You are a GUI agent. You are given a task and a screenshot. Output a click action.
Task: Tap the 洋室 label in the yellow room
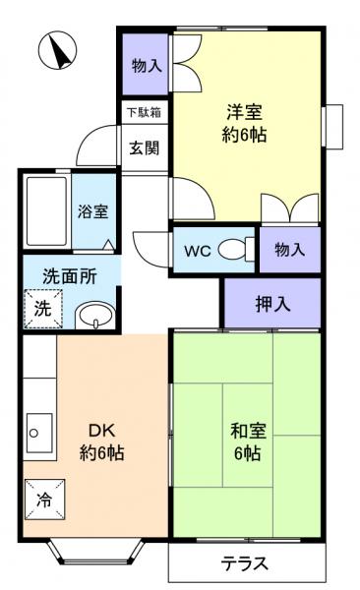[245, 112]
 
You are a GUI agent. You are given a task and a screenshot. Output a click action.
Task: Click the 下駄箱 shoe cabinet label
[144, 111]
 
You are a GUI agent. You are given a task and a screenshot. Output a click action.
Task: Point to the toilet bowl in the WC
[234, 250]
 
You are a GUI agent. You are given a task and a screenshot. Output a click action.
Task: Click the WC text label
[197, 250]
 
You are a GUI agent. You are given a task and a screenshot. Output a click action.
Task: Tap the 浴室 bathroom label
[93, 211]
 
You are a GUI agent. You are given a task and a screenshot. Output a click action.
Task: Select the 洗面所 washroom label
[69, 276]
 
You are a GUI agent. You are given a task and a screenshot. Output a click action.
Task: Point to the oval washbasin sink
[92, 316]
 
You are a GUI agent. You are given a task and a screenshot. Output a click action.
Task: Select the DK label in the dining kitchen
[101, 431]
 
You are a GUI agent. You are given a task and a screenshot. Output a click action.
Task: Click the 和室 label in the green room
[246, 431]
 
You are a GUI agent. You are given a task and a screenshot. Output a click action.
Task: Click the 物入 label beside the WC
[290, 250]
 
